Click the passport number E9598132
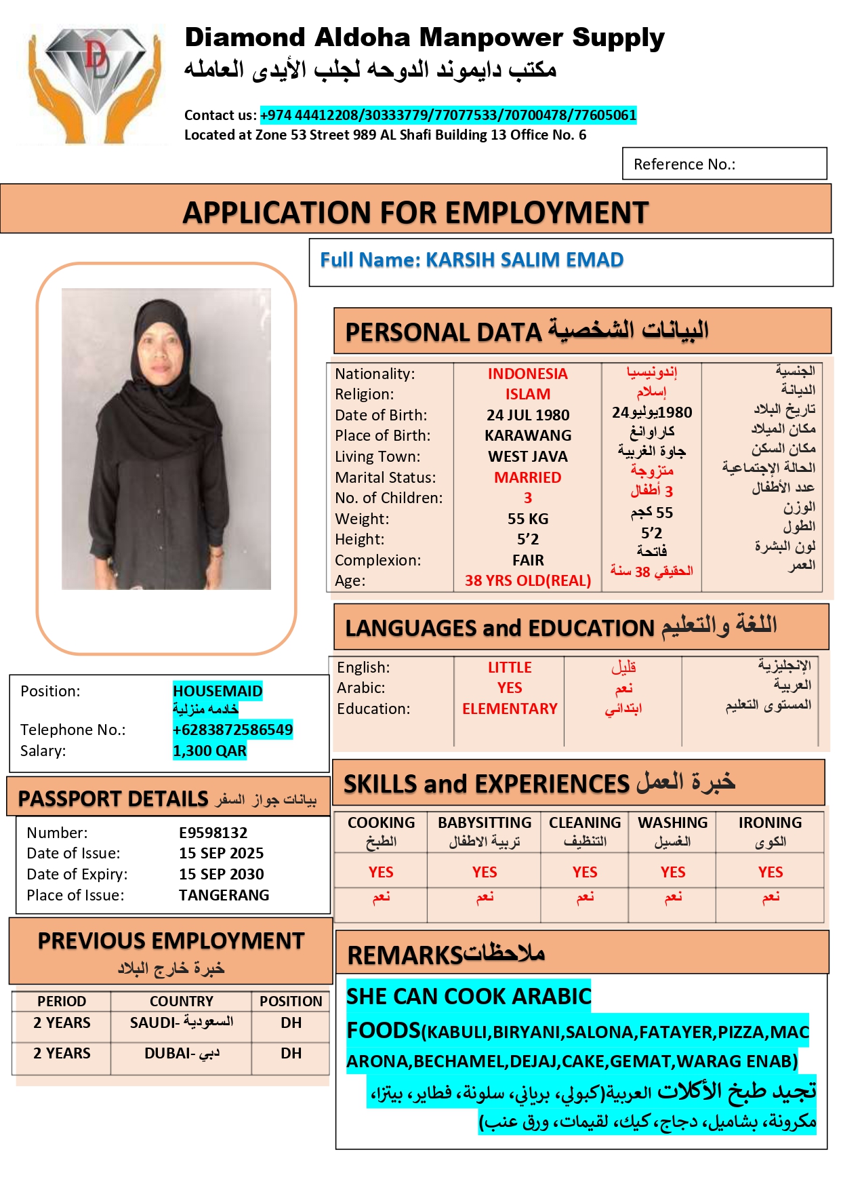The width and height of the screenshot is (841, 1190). point(213,833)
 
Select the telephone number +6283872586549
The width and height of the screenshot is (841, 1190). point(232,730)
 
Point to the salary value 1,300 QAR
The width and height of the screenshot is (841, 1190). point(209,751)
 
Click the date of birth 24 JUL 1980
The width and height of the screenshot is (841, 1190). point(527,415)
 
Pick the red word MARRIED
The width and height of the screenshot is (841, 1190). point(527,477)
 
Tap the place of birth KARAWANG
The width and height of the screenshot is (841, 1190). point(527,435)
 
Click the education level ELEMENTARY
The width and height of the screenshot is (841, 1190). point(510,709)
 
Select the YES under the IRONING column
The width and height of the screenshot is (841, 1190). point(770,872)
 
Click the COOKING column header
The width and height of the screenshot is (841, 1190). point(381,822)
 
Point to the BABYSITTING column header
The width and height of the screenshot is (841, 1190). point(485,822)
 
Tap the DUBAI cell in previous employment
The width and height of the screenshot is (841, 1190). point(181,1053)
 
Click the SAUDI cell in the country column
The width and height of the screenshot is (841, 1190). point(181,1023)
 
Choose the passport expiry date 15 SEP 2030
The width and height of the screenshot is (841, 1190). point(221,874)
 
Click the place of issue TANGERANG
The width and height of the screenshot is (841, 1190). point(224,895)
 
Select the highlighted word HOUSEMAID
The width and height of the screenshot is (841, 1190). point(218,691)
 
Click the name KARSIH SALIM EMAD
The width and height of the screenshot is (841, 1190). point(524,260)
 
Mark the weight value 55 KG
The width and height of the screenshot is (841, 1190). point(527,519)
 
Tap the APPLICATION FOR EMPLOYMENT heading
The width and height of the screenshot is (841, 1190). point(415,212)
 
